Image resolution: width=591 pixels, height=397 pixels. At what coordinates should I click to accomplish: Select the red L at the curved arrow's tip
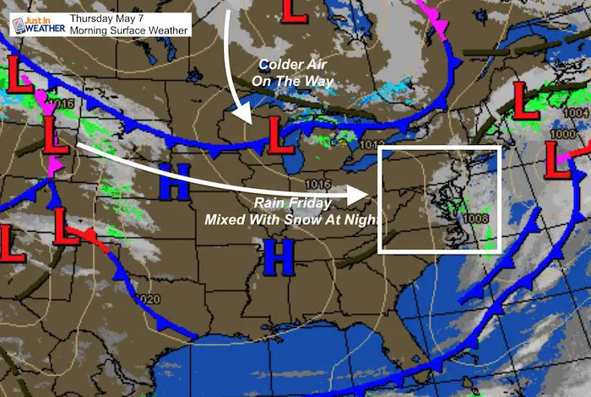point(274,132)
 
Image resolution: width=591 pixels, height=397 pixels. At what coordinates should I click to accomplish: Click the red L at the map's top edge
point(294,11)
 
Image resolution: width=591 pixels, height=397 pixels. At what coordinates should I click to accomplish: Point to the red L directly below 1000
point(558,161)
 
